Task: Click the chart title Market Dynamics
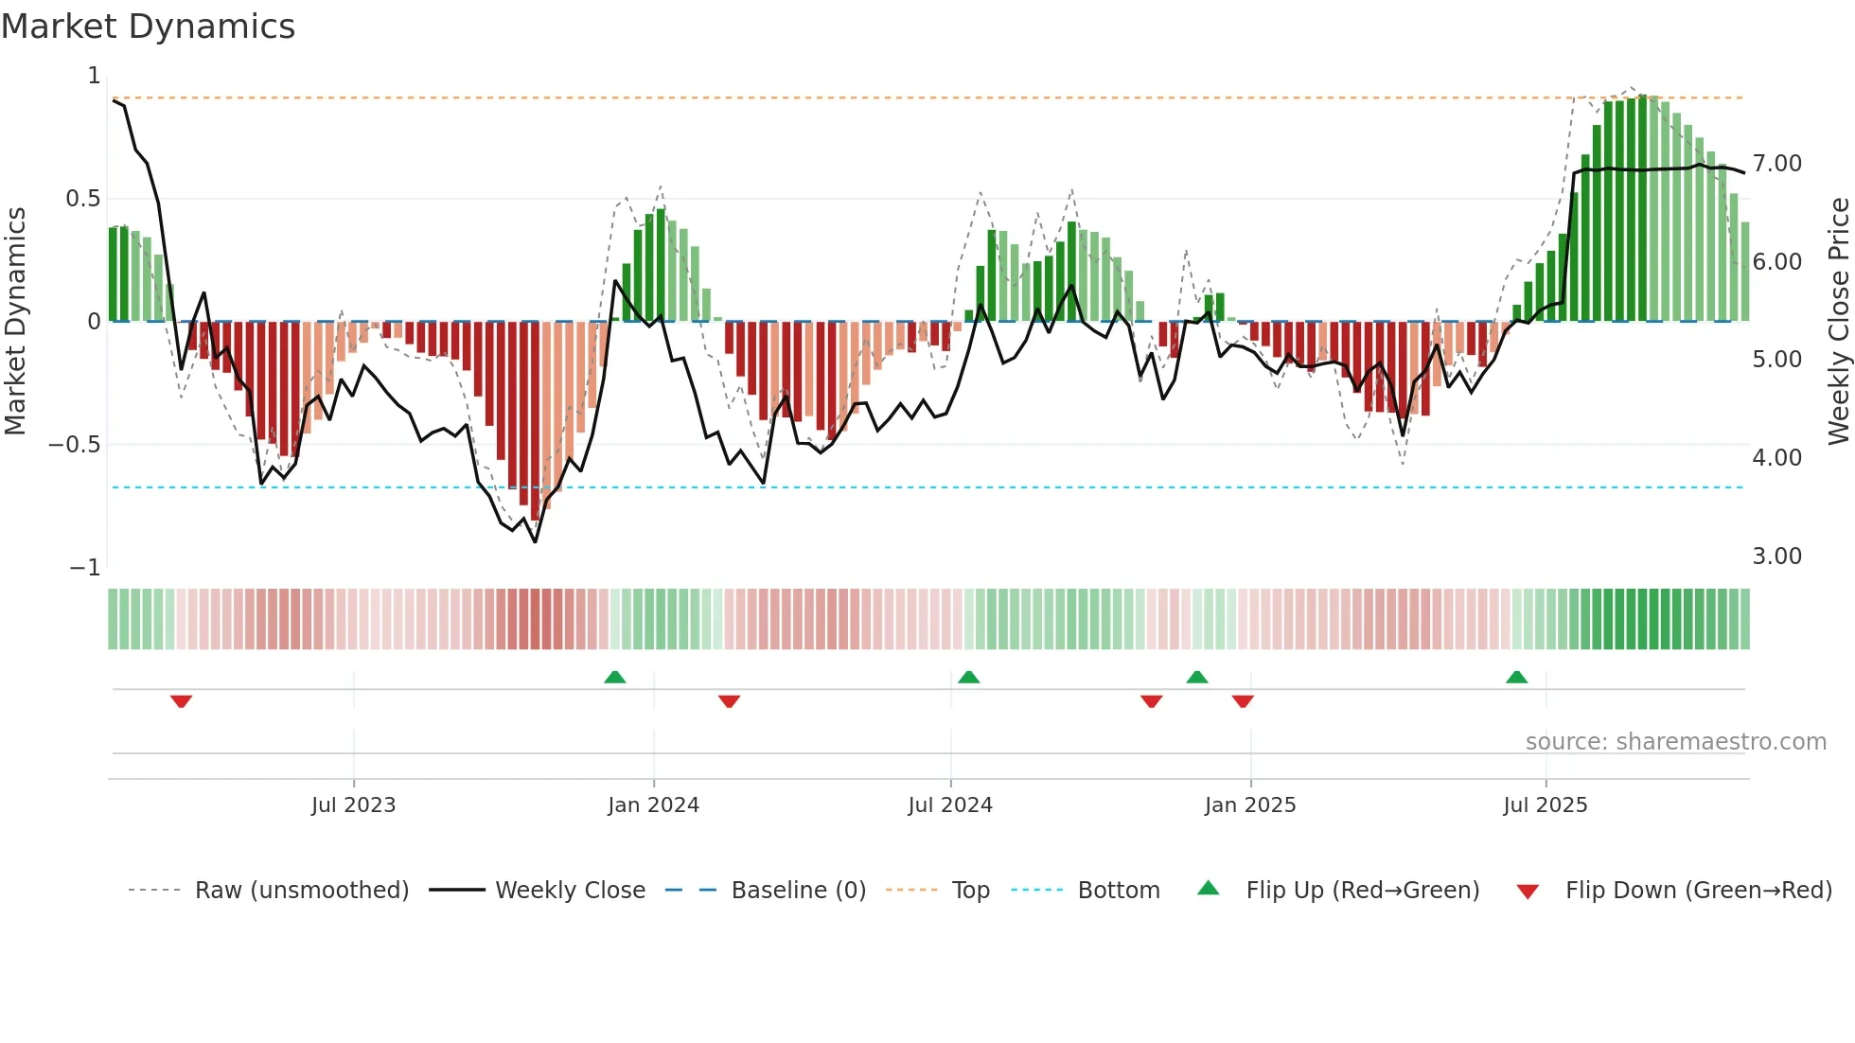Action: (x=148, y=27)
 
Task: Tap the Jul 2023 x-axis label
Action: (x=353, y=805)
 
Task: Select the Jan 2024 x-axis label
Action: (x=653, y=805)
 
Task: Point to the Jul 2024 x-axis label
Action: (x=950, y=805)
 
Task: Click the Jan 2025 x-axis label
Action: (x=1250, y=805)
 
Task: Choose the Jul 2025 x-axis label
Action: (x=1546, y=805)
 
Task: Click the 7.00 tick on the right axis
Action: (x=1777, y=164)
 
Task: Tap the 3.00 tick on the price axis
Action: (x=1777, y=557)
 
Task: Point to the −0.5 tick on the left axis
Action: (x=75, y=445)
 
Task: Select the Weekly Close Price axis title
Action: (x=1838, y=322)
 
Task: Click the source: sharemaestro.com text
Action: (x=1676, y=742)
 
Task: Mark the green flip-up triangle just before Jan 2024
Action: (x=615, y=677)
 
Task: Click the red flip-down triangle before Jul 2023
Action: (x=181, y=701)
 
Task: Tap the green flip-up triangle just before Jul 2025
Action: (x=1517, y=677)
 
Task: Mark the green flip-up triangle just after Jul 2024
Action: (x=968, y=677)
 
